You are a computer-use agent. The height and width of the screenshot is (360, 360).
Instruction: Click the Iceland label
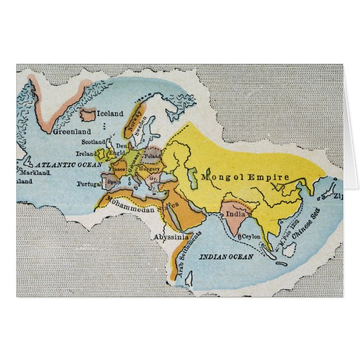(110, 114)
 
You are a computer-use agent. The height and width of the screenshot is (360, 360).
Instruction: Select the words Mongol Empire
(246, 177)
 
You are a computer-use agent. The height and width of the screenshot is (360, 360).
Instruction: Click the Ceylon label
(250, 237)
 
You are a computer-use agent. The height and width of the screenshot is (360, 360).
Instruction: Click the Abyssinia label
(171, 237)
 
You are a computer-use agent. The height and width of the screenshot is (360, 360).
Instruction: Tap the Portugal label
(88, 183)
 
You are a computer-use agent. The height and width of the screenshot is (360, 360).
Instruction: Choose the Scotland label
(93, 143)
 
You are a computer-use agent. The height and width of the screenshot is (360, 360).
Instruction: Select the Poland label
(152, 157)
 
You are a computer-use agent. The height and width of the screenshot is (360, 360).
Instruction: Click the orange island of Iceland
(88, 116)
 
